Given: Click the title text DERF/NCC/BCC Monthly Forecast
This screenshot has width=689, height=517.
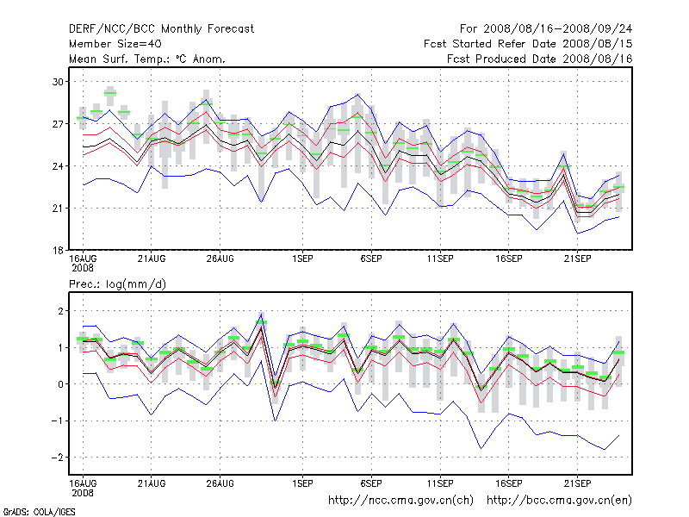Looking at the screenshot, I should (x=161, y=28).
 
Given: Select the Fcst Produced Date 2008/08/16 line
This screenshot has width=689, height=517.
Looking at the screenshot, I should (x=540, y=59).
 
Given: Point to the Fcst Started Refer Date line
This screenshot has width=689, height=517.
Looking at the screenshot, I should (x=528, y=44).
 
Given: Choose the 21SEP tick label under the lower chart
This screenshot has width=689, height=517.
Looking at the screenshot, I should (x=576, y=483).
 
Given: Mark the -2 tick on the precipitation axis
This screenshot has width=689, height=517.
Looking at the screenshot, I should (x=58, y=458).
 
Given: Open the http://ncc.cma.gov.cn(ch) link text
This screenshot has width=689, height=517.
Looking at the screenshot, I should (x=400, y=500).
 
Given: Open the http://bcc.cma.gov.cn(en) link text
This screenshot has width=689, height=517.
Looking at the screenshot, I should (x=560, y=500).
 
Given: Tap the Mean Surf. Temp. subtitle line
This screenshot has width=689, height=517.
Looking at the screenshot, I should (x=146, y=59).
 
